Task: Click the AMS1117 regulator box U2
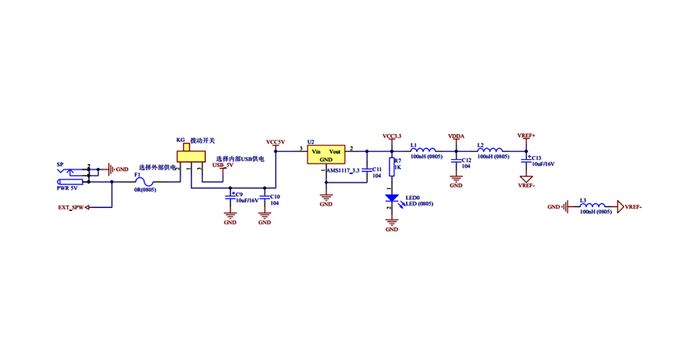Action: click(x=326, y=156)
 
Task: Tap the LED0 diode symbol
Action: click(x=392, y=197)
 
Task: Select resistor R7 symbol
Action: click(x=392, y=167)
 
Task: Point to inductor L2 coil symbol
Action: click(x=491, y=150)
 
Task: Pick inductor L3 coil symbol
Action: click(x=594, y=207)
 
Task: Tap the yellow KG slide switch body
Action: click(x=190, y=156)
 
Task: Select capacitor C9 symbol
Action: click(x=230, y=196)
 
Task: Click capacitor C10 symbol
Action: click(x=265, y=197)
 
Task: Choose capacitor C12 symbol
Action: click(x=456, y=162)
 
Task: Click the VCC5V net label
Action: click(x=276, y=142)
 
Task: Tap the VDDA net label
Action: click(x=456, y=135)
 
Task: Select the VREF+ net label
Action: click(x=526, y=135)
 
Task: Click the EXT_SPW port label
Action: click(x=71, y=207)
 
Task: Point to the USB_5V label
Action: click(x=222, y=166)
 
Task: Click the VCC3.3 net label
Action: click(x=392, y=135)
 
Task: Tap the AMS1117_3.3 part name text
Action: click(x=343, y=170)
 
